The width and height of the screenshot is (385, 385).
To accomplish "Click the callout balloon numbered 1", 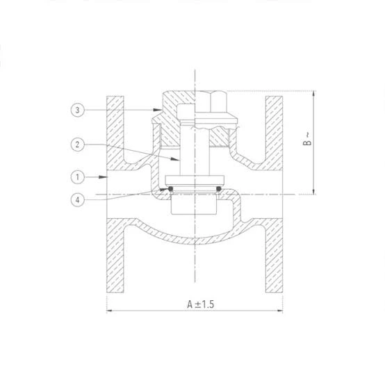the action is (x=78, y=177).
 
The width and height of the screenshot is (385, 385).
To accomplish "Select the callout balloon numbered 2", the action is (x=78, y=145).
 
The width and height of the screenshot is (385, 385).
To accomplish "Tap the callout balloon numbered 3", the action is (x=78, y=110).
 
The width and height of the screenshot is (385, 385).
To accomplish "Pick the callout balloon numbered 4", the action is (x=78, y=199).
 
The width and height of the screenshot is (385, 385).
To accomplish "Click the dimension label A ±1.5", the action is (x=201, y=304).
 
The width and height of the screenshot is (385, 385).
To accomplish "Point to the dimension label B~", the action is (x=307, y=139).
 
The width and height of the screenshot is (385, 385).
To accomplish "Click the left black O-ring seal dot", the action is (x=170, y=188).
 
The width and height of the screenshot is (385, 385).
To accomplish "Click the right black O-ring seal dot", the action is (x=218, y=188).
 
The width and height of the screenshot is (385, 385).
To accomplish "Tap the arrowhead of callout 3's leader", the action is (x=157, y=110).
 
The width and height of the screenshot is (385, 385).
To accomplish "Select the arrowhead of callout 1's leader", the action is (x=103, y=177).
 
